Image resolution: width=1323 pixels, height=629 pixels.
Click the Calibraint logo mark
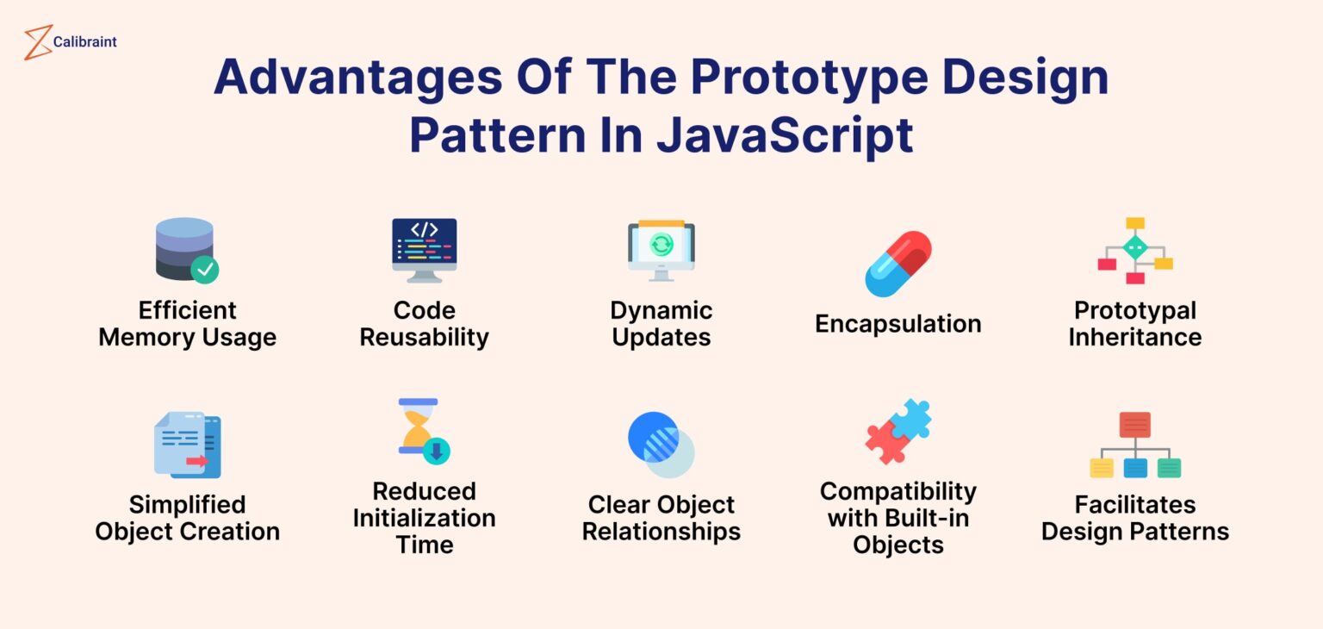pyautogui.click(x=38, y=42)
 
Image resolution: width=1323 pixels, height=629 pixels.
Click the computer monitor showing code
pyautogui.click(x=424, y=250)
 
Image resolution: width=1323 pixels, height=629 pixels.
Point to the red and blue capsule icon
pyautogui.click(x=898, y=264)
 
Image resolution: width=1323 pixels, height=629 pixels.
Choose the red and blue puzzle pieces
pyautogui.click(x=898, y=432)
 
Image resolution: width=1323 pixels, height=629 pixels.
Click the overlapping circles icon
pyautogui.click(x=661, y=445)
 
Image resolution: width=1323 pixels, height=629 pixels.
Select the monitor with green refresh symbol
pyautogui.click(x=661, y=250)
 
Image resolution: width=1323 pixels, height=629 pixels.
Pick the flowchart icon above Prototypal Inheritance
pyautogui.click(x=1134, y=251)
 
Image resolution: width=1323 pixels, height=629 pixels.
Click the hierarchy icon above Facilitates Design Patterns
pyautogui.click(x=1134, y=445)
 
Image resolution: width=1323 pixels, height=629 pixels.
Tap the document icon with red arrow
pyautogui.click(x=188, y=445)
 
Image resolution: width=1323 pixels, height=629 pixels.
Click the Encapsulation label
pyautogui.click(x=898, y=324)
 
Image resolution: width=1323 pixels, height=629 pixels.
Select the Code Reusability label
pyautogui.click(x=424, y=324)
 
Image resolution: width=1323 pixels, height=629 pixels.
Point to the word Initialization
pyautogui.click(x=424, y=518)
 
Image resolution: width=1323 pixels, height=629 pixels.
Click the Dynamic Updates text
pyautogui.click(x=661, y=324)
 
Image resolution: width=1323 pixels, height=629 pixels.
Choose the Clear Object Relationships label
pyautogui.click(x=661, y=518)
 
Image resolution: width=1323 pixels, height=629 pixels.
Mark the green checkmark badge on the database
pyautogui.click(x=204, y=270)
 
